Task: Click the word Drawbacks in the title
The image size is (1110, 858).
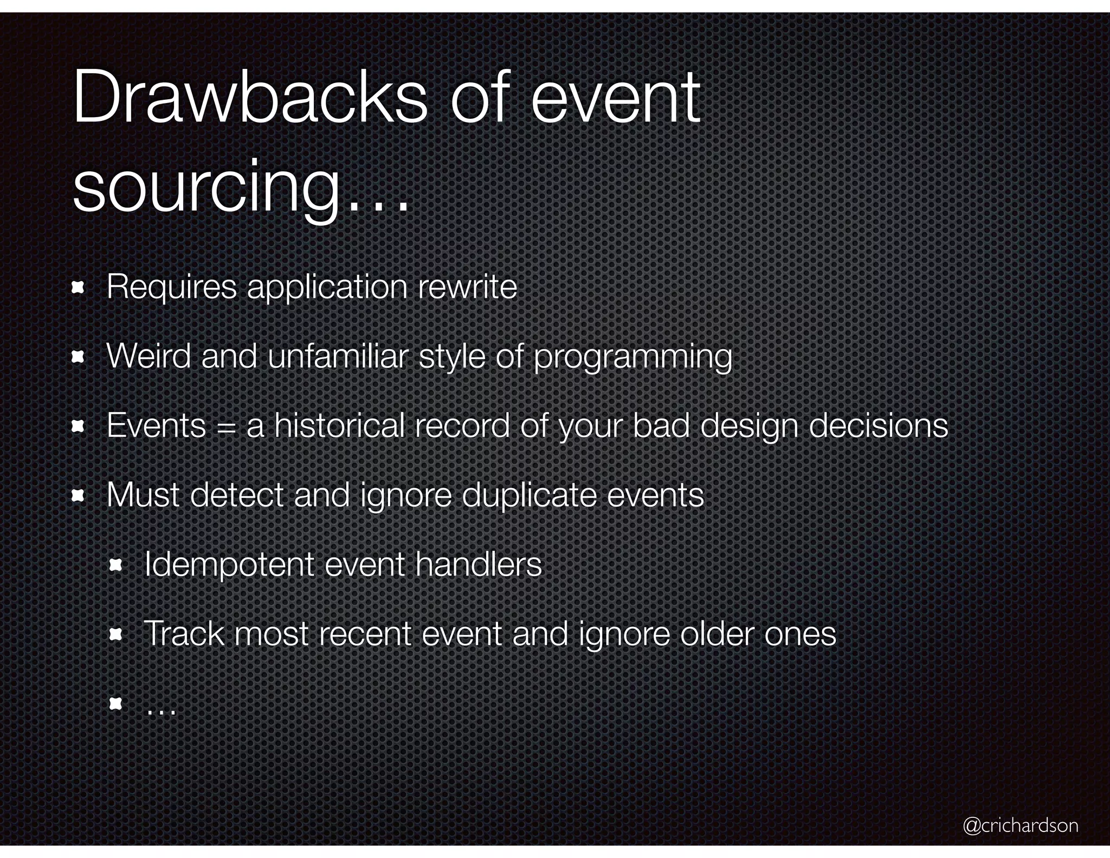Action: (249, 98)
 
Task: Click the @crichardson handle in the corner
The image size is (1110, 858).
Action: (1020, 825)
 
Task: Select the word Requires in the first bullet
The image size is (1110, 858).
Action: (171, 287)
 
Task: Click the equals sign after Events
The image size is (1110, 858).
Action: (226, 427)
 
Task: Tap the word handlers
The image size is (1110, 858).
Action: (478, 565)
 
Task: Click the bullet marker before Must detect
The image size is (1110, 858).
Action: (78, 495)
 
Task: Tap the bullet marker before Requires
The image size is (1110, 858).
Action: (78, 287)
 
